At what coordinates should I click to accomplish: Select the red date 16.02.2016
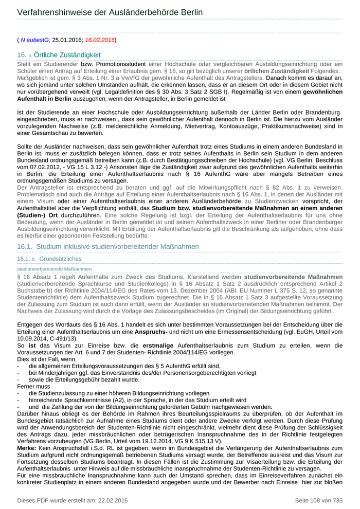pos(100,40)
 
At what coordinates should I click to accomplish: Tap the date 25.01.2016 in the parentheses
pos(67,40)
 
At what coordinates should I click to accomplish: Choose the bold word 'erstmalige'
pos(161,346)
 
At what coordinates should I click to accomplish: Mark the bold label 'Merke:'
pos(28,448)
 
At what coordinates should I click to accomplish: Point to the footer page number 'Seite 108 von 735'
pos(318,500)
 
